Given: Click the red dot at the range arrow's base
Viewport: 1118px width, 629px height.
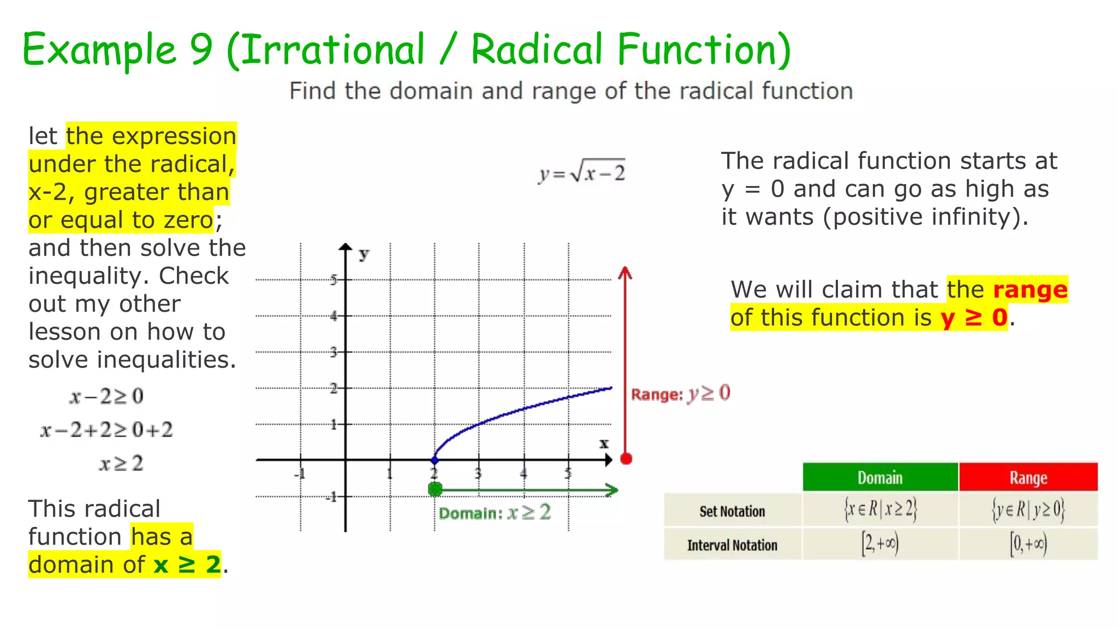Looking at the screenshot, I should pyautogui.click(x=626, y=459).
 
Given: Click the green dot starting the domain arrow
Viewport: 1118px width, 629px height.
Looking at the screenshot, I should pyautogui.click(x=435, y=489).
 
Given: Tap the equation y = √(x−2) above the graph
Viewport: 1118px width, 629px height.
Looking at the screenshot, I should pyautogui.click(x=582, y=173).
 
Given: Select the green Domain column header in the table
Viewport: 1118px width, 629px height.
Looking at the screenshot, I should pyautogui.click(x=880, y=478).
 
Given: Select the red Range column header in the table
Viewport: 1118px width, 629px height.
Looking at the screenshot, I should pyautogui.click(x=1028, y=478).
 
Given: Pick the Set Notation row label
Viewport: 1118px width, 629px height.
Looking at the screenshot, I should pyautogui.click(x=732, y=511).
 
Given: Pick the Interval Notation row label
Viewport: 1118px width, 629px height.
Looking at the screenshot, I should pyautogui.click(x=732, y=545).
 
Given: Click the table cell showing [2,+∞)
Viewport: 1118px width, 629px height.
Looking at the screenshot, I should pyautogui.click(x=880, y=544).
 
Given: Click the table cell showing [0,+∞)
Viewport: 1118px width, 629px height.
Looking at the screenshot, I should pyautogui.click(x=1028, y=544).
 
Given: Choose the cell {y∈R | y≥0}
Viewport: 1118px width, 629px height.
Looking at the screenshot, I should pyautogui.click(x=1028, y=510).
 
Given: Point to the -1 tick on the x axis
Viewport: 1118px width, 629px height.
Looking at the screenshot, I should pyautogui.click(x=300, y=473).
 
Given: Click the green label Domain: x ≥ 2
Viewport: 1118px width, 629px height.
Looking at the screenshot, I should pyautogui.click(x=495, y=513).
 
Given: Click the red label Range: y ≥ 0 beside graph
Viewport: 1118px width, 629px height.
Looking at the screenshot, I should pyautogui.click(x=680, y=394).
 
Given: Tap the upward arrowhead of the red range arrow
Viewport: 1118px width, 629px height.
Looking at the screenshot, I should pyautogui.click(x=625, y=272).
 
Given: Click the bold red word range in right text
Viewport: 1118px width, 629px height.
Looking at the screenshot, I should pyautogui.click(x=1030, y=289).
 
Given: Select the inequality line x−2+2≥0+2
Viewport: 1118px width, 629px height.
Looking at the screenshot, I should pyautogui.click(x=107, y=430).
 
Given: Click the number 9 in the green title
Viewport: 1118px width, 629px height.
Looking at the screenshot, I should pyautogui.click(x=201, y=49).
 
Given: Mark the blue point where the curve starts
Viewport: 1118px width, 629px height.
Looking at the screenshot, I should pyautogui.click(x=435, y=460).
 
